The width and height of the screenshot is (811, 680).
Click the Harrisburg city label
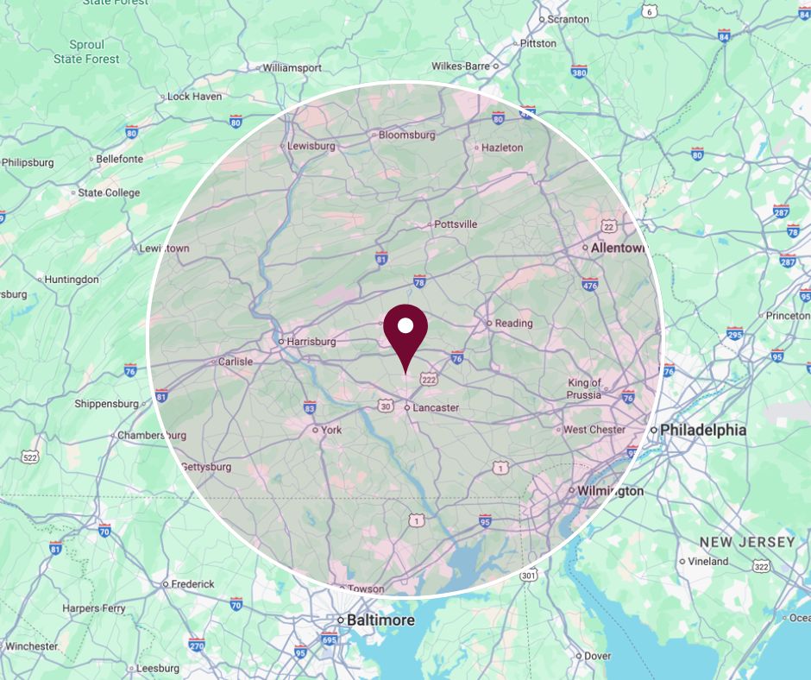310,342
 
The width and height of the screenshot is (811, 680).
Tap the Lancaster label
436,407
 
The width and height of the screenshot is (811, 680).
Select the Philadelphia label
703,430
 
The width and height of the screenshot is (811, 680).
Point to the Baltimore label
380,620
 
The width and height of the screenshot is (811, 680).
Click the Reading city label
513,324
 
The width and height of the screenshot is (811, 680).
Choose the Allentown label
618,248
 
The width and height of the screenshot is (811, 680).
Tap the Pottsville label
456,224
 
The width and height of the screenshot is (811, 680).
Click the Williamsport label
292,67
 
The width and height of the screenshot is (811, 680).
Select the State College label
109,192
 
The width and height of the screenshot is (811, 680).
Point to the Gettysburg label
206,467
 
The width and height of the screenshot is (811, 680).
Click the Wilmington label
611,491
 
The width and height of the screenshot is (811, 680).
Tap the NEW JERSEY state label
747,542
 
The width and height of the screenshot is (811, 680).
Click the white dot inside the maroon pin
405,326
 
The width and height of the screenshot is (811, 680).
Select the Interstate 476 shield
590,285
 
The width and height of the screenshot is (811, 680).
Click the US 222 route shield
429,380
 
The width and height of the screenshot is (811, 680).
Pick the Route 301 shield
528,575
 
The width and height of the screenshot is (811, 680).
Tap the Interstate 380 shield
579,72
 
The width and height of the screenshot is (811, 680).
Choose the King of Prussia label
584,388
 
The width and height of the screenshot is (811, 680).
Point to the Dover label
598,656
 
